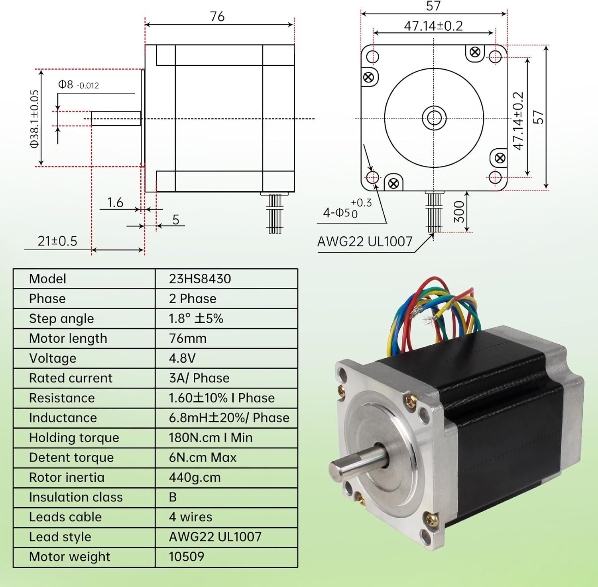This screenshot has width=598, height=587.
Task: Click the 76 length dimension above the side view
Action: coord(217,16)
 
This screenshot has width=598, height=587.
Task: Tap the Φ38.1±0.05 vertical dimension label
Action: coord(35,119)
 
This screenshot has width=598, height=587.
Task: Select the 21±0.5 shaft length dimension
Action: coord(57,241)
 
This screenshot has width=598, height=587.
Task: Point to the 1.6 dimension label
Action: coord(115,202)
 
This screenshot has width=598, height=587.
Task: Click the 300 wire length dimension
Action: coord(459,212)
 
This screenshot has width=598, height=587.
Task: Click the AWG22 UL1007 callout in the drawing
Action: coord(364,241)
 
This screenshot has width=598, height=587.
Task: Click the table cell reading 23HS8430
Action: coord(200,279)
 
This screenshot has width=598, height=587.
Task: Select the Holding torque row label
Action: coord(74,438)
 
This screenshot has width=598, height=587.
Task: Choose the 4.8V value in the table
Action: coord(182,358)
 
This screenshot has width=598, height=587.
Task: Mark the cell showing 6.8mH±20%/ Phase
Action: coord(229,418)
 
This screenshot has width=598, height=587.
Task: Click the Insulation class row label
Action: coord(76,497)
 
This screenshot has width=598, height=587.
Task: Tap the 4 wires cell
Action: coord(191,517)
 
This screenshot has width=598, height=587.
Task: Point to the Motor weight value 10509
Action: coord(186,556)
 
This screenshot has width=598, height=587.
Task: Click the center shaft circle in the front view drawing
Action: coord(434,118)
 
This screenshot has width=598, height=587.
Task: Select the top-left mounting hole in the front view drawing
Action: coord(372,57)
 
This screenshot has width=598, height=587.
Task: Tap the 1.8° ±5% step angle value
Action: coord(196,318)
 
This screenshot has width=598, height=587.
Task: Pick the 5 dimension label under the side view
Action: coord(175,220)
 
